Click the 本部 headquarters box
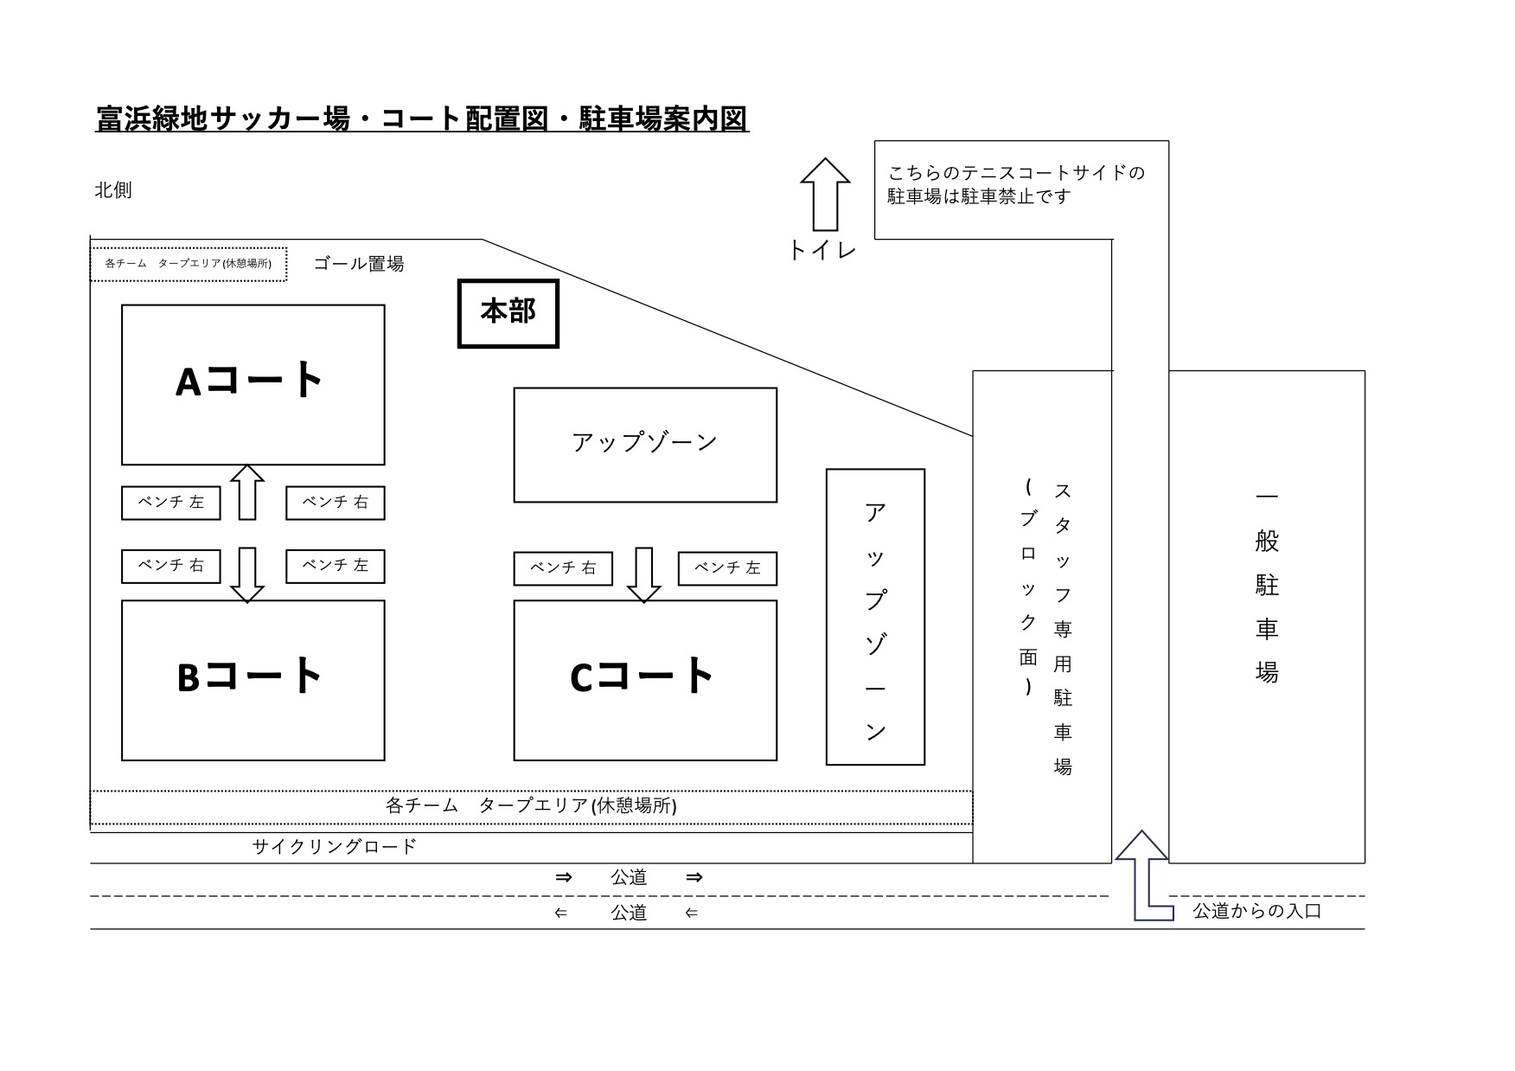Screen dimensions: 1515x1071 point(508,313)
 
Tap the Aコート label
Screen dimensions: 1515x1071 point(250,380)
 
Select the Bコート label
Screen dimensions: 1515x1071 point(250,676)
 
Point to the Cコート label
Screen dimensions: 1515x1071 point(642,676)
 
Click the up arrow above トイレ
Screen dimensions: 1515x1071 point(825,194)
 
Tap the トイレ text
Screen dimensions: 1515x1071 point(822,250)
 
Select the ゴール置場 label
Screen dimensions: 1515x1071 point(358,264)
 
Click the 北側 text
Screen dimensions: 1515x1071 point(113,190)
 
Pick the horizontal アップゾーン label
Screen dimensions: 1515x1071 point(645,442)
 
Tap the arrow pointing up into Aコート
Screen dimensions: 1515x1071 point(247,492)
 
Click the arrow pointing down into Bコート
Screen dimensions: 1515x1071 point(247,575)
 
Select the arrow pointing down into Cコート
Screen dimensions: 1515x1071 point(643,575)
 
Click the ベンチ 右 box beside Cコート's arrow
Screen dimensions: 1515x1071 point(563,568)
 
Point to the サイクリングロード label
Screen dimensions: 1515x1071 point(335,846)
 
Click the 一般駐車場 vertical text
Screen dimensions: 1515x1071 point(1267,586)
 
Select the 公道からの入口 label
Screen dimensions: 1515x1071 point(1257,910)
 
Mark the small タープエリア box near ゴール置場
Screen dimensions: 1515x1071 point(189,264)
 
